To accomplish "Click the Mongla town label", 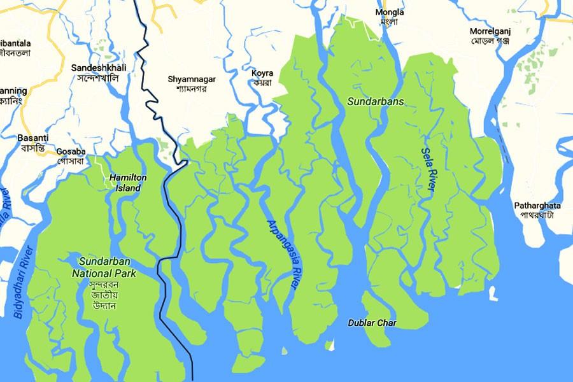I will [389, 12].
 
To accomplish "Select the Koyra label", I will [262, 73].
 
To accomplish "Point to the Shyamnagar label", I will [192, 79].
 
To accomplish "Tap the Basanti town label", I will [32, 138].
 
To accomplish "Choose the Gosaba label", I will [71, 152].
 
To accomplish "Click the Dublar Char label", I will [372, 323].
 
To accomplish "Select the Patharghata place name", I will [537, 205].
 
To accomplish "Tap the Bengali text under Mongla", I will [389, 22].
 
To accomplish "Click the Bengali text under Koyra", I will [262, 83].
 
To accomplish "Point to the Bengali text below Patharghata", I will [537, 215].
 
